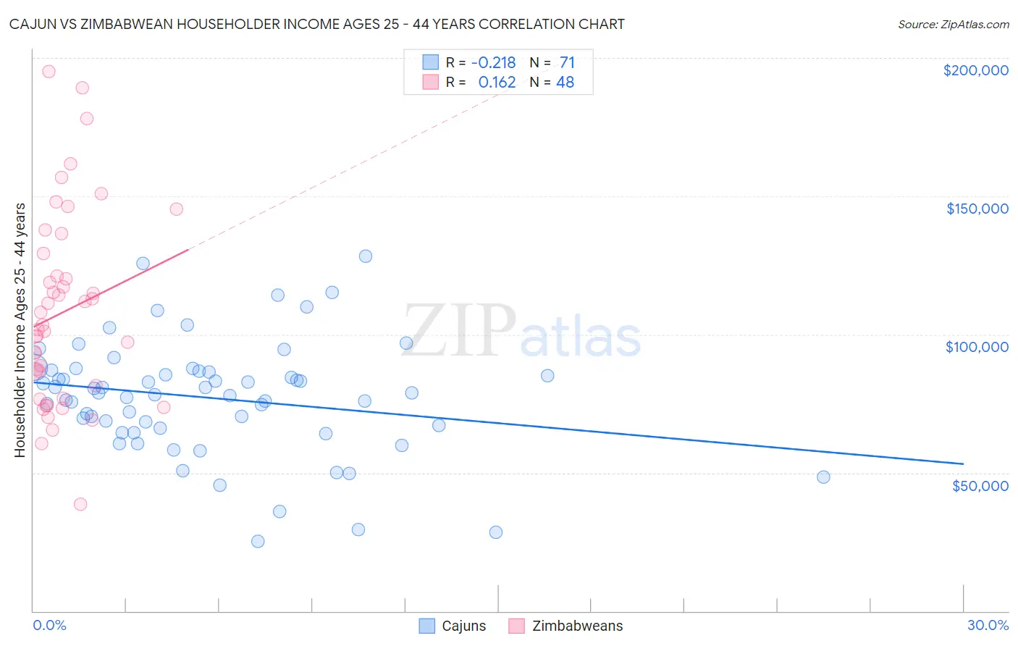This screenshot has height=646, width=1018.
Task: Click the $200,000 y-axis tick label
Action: tap(975, 70)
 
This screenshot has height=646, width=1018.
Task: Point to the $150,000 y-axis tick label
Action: tap(977, 209)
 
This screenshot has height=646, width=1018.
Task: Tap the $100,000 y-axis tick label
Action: tap(977, 347)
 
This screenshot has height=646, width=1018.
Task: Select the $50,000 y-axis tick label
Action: tap(980, 485)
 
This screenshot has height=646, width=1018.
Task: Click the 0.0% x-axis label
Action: tap(49, 625)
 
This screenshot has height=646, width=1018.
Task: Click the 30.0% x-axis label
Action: tap(988, 625)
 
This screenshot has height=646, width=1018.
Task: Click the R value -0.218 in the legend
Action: tap(493, 63)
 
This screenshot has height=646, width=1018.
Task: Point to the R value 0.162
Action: tap(497, 83)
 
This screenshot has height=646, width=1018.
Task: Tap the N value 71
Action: tap(567, 63)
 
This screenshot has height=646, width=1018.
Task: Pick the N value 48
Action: tap(565, 83)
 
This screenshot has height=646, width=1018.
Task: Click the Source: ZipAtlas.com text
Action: tap(953, 25)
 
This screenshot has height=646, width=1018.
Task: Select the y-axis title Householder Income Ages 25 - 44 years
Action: tap(20, 330)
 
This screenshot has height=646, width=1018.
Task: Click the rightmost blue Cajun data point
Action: tap(823, 477)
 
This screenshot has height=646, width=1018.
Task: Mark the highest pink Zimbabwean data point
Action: tap(49, 71)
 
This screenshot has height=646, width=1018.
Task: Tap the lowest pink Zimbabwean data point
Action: tap(80, 504)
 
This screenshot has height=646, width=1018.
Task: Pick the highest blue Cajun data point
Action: tap(366, 256)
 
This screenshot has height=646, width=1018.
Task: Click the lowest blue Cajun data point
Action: tap(258, 541)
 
